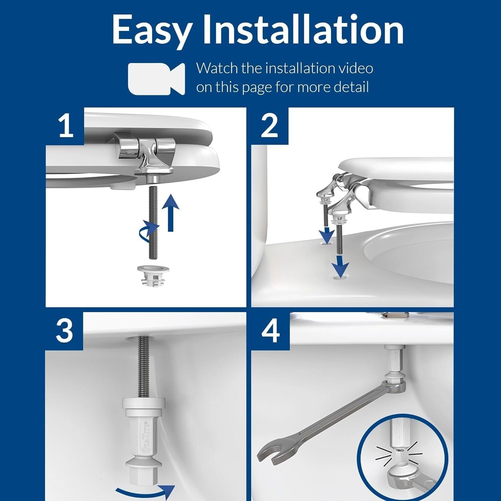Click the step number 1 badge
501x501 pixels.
coord(65,126)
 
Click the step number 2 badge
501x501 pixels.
coord(269,126)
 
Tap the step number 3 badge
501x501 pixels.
coord(64,331)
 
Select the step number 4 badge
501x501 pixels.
coord(270,331)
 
